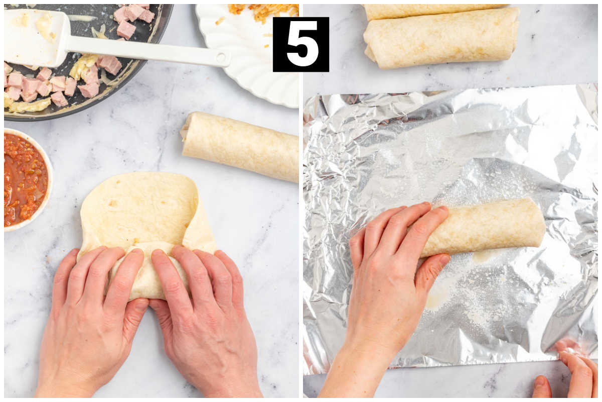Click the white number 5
click(x=302, y=44)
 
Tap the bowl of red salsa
click(x=26, y=179)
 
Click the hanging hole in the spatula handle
click(x=221, y=58)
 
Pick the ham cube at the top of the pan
click(x=134, y=12)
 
